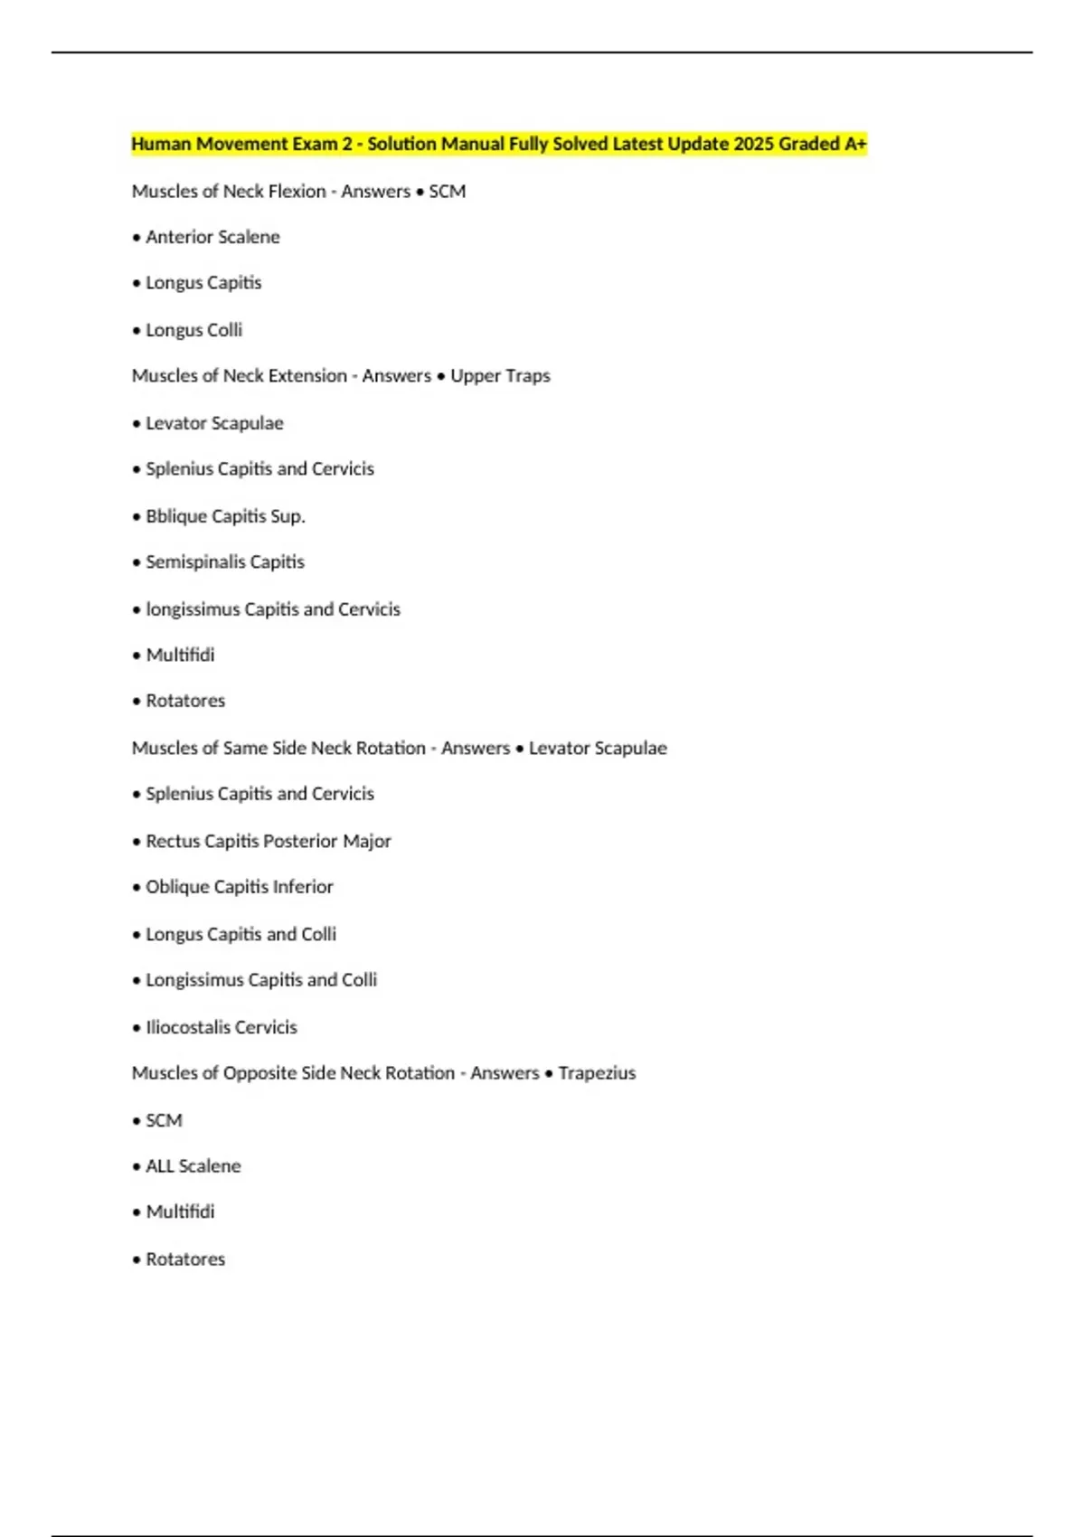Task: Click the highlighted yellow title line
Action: pyautogui.click(x=498, y=144)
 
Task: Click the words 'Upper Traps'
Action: pyautogui.click(x=500, y=376)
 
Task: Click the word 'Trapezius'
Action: pyautogui.click(x=597, y=1073)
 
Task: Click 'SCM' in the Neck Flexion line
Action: pyautogui.click(x=448, y=192)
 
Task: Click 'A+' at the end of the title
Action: pyautogui.click(x=855, y=144)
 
